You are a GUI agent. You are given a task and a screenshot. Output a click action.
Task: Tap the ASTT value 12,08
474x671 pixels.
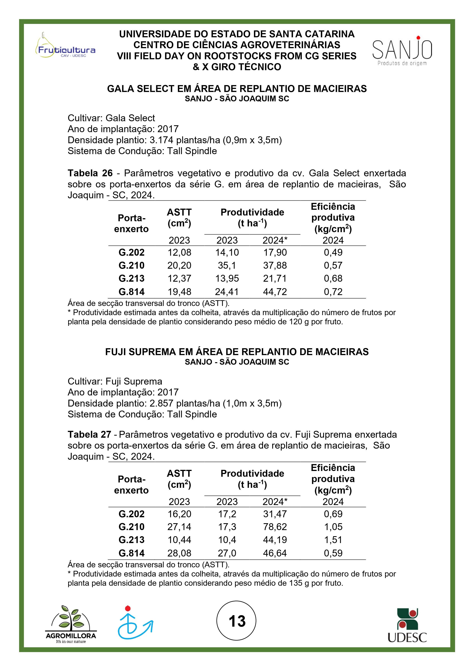click(x=179, y=252)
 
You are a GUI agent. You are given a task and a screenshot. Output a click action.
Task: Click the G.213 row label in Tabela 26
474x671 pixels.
click(x=131, y=278)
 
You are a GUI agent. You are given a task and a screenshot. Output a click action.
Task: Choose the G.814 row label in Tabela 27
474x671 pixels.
click(x=131, y=553)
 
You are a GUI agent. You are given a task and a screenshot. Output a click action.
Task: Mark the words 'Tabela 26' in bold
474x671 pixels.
click(x=90, y=173)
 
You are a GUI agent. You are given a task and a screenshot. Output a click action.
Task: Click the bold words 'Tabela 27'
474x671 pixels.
click(x=89, y=435)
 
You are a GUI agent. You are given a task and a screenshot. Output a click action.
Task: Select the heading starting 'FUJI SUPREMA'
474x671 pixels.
click(x=237, y=352)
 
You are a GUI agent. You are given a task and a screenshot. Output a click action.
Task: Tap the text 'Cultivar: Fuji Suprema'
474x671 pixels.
click(x=115, y=381)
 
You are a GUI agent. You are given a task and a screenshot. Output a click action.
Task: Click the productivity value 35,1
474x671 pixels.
click(x=227, y=265)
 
